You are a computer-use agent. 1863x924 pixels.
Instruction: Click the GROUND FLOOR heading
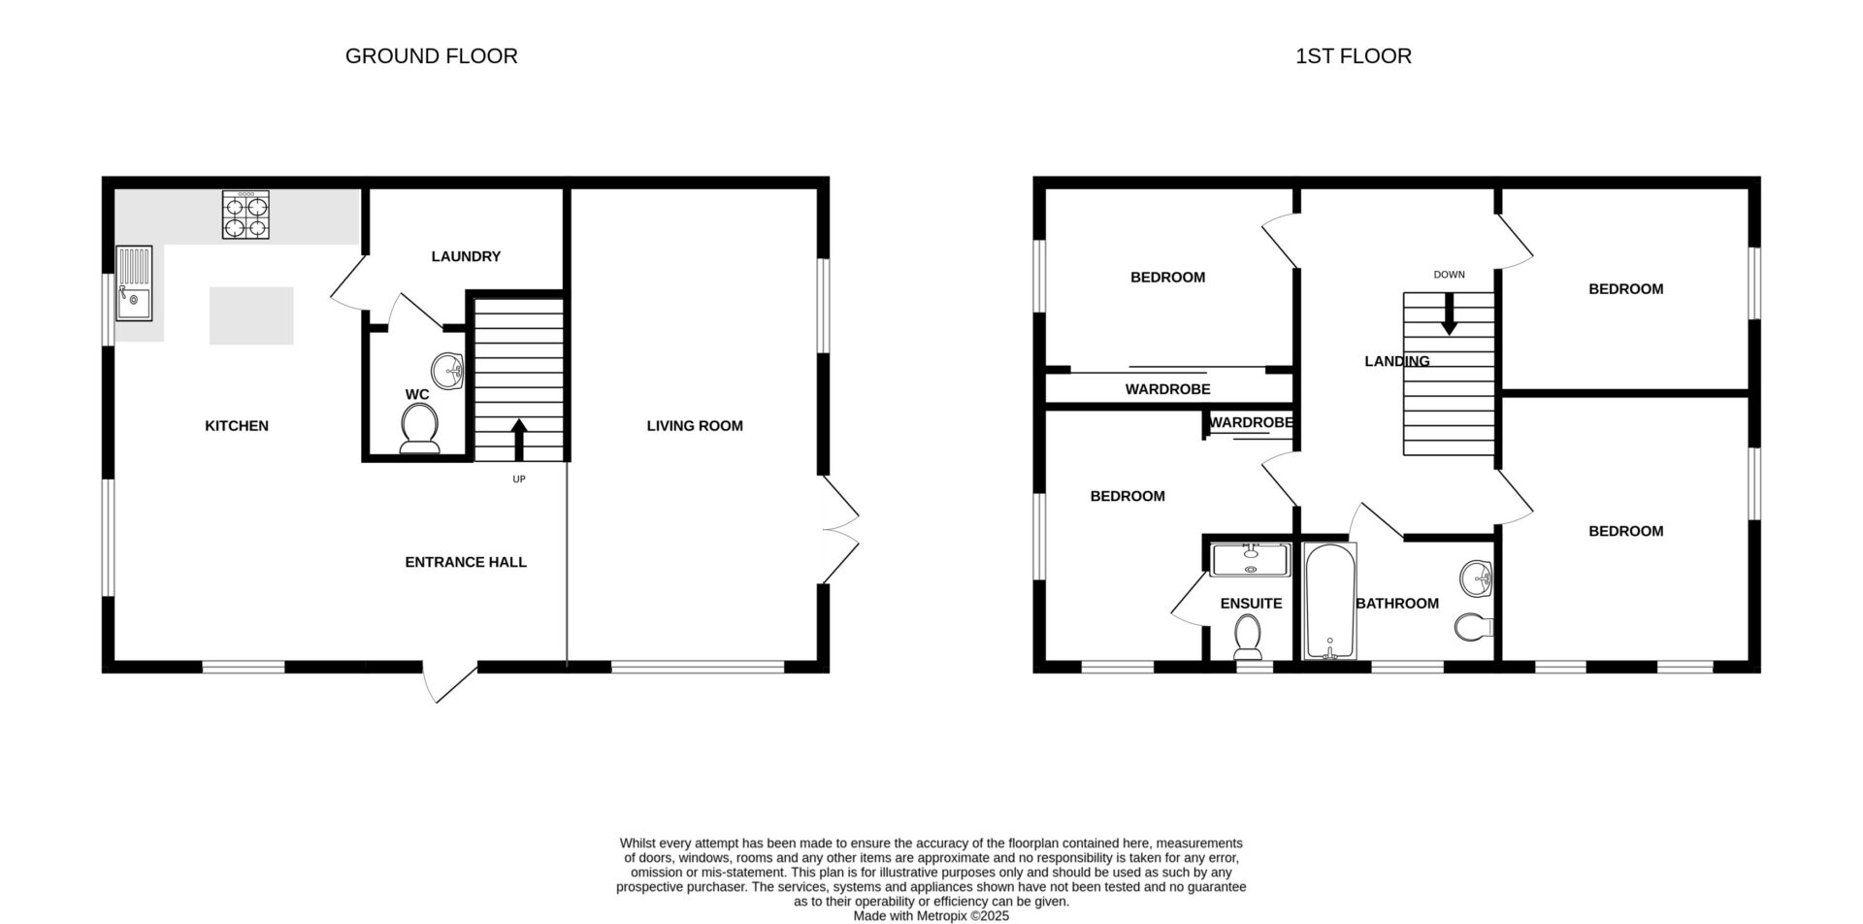point(431,56)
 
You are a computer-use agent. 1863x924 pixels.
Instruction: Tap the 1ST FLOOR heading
point(1353,56)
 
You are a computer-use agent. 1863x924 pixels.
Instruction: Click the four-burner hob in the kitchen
point(245,214)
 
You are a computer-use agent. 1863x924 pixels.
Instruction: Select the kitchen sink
point(134,283)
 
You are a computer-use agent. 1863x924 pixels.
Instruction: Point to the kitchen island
point(251,315)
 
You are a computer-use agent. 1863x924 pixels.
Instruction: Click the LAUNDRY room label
point(466,256)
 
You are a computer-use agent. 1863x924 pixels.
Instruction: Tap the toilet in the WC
point(419,428)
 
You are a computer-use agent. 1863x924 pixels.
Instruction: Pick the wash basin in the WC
point(448,370)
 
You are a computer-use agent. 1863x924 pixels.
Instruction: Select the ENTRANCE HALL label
point(466,562)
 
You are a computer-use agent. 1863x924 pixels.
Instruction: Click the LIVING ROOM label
point(695,425)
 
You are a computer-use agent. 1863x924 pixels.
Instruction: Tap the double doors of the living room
point(840,530)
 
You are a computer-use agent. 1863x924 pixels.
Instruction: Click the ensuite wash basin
point(1251,559)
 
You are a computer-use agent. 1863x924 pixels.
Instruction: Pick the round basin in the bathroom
point(1476,578)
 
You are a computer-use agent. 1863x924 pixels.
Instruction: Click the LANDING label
point(1397,361)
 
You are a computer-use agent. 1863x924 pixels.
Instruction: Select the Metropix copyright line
point(931,915)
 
